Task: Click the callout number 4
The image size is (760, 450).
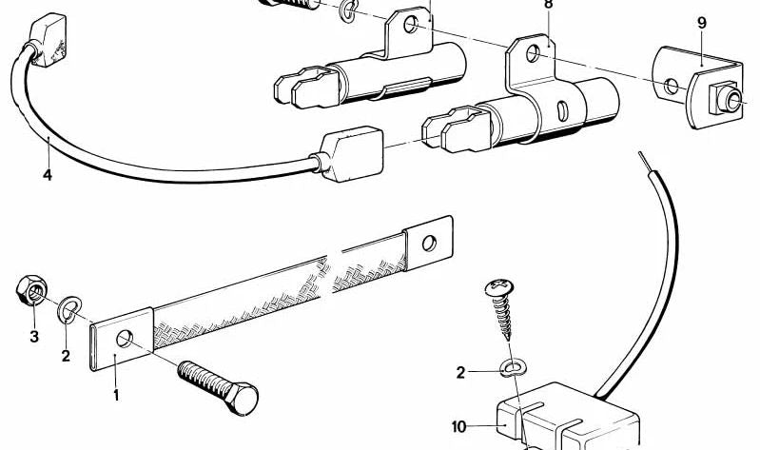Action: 47,174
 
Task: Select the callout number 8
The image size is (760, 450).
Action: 548,5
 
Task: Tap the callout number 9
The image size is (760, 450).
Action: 702,23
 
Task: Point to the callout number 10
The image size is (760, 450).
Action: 458,427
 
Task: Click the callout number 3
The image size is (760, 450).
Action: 34,336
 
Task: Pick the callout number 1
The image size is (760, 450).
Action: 116,395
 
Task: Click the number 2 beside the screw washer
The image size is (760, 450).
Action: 460,372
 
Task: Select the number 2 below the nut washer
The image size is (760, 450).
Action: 66,356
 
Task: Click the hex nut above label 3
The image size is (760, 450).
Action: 31,290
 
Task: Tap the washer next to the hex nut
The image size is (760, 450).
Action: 68,309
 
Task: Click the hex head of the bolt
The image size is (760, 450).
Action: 243,399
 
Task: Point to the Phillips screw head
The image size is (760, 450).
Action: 498,288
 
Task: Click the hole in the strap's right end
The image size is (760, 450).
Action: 429,243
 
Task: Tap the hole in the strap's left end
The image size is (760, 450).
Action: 125,339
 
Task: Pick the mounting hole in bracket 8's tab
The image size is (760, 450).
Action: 533,53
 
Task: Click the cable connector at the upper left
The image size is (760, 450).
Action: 48,40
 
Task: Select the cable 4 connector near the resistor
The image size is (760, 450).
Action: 350,154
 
